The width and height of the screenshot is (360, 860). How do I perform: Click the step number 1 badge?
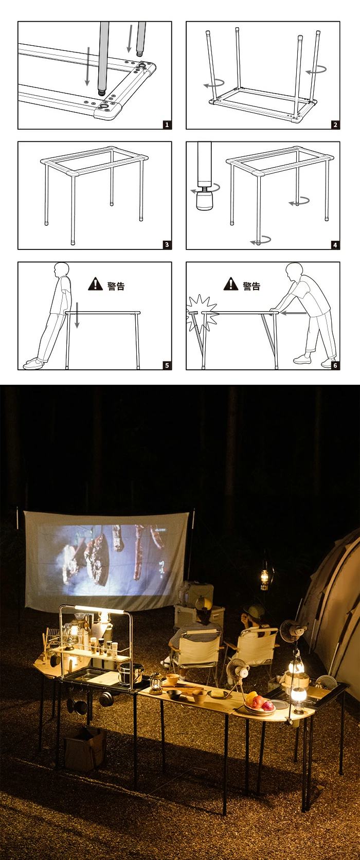click(167, 125)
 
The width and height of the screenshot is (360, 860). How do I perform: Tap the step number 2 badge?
click(335, 125)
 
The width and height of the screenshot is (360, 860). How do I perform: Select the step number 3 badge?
click(167, 244)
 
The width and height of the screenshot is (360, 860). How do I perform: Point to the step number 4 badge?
click(335, 245)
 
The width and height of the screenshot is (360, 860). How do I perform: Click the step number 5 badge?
click(167, 365)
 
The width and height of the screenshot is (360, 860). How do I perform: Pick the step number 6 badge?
click(335, 365)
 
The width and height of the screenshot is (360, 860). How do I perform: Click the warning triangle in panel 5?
click(95, 284)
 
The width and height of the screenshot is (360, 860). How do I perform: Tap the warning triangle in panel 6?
click(231, 284)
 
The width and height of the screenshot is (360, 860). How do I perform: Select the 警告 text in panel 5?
click(116, 285)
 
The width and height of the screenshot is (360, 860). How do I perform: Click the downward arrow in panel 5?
click(77, 315)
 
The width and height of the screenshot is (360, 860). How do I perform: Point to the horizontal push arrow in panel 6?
click(294, 313)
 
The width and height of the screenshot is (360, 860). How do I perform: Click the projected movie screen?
click(106, 561)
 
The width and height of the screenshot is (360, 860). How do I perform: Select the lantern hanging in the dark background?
click(264, 575)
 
